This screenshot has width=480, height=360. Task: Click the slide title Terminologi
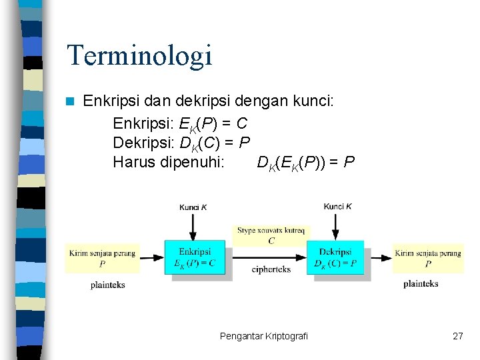139,55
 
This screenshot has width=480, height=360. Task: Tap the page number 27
457,336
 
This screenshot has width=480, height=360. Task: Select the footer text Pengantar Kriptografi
264,336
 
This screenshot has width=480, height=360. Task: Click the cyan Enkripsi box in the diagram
195,257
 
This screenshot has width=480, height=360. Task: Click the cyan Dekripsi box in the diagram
335,257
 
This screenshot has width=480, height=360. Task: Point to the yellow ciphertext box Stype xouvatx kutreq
271,235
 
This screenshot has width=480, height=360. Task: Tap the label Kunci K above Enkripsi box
193,207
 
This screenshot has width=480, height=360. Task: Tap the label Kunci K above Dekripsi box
337,207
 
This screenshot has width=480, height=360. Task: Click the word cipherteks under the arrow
271,269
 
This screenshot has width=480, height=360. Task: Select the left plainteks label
108,285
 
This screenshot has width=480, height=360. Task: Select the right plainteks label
421,283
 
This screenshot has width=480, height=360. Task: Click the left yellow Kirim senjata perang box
102,257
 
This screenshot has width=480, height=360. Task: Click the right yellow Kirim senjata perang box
427,257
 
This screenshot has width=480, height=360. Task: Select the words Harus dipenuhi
169,162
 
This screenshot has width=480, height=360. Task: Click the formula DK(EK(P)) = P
306,163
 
